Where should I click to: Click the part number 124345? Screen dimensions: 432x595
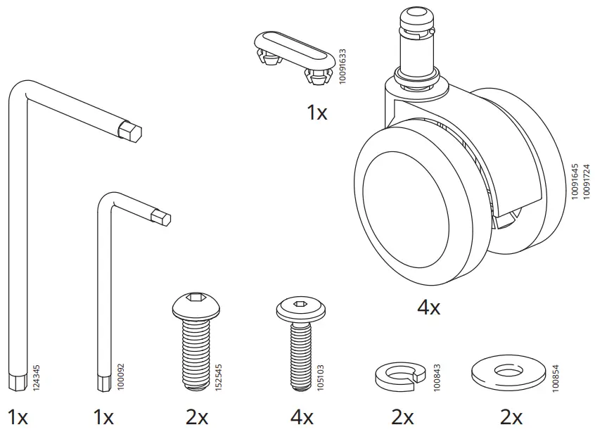coord(37,376)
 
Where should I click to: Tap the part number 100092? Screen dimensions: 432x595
coord(120,378)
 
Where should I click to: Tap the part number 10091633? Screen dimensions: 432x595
coord(343,67)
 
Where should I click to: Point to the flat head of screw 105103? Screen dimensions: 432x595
coord(300,305)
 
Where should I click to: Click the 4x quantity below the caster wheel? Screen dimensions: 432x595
coord(428,307)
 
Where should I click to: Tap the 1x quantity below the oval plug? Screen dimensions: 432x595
coord(316,112)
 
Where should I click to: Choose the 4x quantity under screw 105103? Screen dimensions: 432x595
coord(301,417)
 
